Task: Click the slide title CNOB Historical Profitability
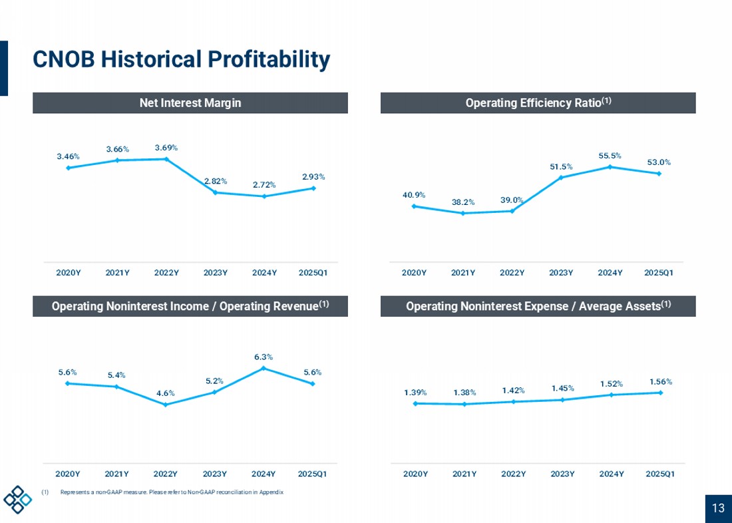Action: pyautogui.click(x=181, y=60)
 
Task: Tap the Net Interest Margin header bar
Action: pyautogui.click(x=190, y=102)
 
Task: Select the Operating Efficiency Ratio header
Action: pyautogui.click(x=538, y=102)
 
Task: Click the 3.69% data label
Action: pyautogui.click(x=166, y=148)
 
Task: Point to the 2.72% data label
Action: pyautogui.click(x=264, y=185)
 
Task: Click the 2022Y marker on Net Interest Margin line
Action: pyautogui.click(x=166, y=159)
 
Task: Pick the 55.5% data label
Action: pyautogui.click(x=610, y=156)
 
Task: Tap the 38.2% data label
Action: pyautogui.click(x=462, y=202)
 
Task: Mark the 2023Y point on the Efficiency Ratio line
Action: pyautogui.click(x=561, y=178)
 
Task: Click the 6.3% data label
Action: pyautogui.click(x=264, y=357)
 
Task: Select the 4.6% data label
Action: pyautogui.click(x=165, y=393)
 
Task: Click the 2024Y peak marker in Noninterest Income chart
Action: pyautogui.click(x=264, y=369)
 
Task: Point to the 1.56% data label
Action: pyautogui.click(x=661, y=381)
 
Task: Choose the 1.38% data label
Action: pyautogui.click(x=464, y=393)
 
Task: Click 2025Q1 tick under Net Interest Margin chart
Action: pyautogui.click(x=313, y=273)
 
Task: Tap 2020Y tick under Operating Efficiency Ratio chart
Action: pyautogui.click(x=414, y=273)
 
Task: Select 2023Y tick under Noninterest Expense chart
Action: pyautogui.click(x=562, y=474)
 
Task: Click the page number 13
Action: pyautogui.click(x=719, y=508)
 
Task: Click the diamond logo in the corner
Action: pyautogui.click(x=18, y=499)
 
